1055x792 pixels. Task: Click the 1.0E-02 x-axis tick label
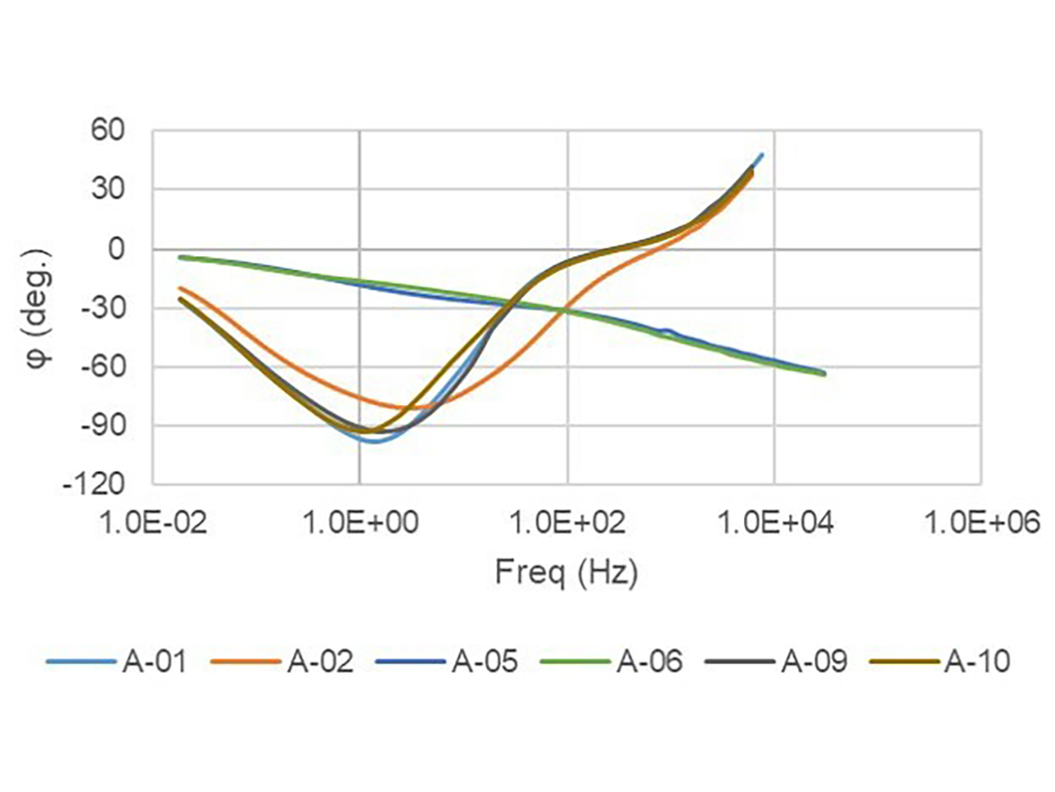click(x=152, y=523)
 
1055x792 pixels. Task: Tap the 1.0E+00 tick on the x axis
click(x=360, y=523)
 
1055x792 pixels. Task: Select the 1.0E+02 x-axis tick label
click(x=567, y=523)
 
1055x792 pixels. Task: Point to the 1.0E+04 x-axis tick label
click(x=775, y=523)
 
